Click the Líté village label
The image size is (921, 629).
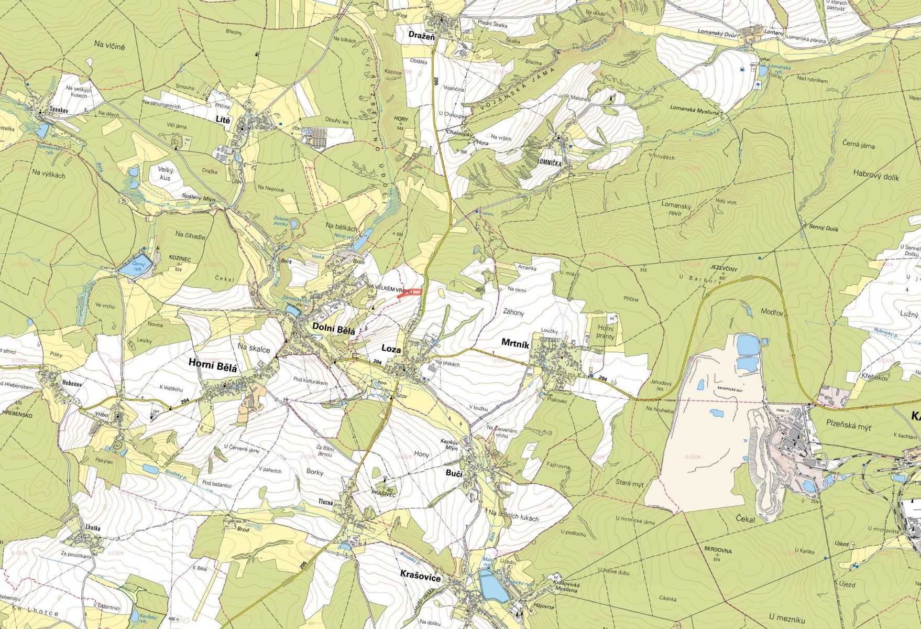pos(223,120)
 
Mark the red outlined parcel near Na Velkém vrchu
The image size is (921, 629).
pos(410,294)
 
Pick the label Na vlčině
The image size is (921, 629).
pos(110,47)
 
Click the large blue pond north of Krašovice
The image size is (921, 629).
pos(493,586)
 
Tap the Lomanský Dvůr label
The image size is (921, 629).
pos(720,32)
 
